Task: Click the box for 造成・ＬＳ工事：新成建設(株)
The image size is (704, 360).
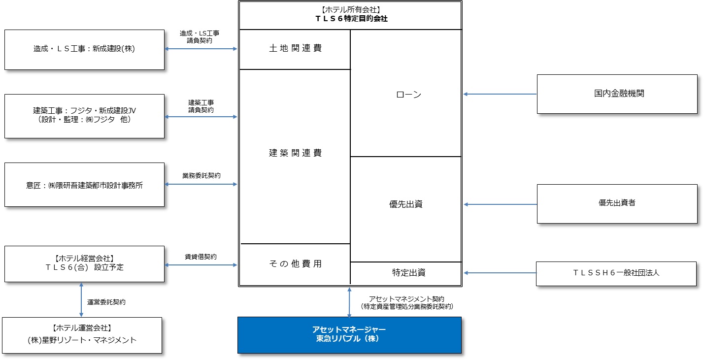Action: [x=84, y=50]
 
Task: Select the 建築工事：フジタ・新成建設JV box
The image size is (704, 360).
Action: [x=84, y=116]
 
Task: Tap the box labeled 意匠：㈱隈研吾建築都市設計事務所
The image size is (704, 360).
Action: [x=84, y=184]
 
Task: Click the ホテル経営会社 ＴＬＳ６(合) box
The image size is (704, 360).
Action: [x=84, y=263]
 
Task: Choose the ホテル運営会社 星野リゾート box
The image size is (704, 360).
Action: [x=82, y=335]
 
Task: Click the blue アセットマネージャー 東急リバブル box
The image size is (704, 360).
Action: [x=349, y=335]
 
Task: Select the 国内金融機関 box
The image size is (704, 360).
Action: [x=617, y=94]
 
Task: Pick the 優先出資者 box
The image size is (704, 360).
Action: [x=617, y=203]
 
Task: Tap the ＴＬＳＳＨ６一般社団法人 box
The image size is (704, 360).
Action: [x=616, y=274]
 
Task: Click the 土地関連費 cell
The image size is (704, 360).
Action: [x=295, y=49]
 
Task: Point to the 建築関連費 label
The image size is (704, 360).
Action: [x=295, y=153]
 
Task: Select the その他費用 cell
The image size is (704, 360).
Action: [x=295, y=264]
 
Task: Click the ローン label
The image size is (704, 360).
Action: [x=408, y=95]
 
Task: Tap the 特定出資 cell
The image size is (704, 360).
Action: [x=406, y=273]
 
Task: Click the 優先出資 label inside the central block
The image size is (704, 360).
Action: [x=406, y=204]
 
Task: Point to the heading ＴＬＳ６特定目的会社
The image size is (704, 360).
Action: [x=351, y=19]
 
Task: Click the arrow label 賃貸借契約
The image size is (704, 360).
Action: [x=201, y=257]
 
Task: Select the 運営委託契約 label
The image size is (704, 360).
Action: [x=106, y=302]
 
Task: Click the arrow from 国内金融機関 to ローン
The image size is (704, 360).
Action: [x=500, y=94]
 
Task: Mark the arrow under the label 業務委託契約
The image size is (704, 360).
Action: [x=201, y=184]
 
